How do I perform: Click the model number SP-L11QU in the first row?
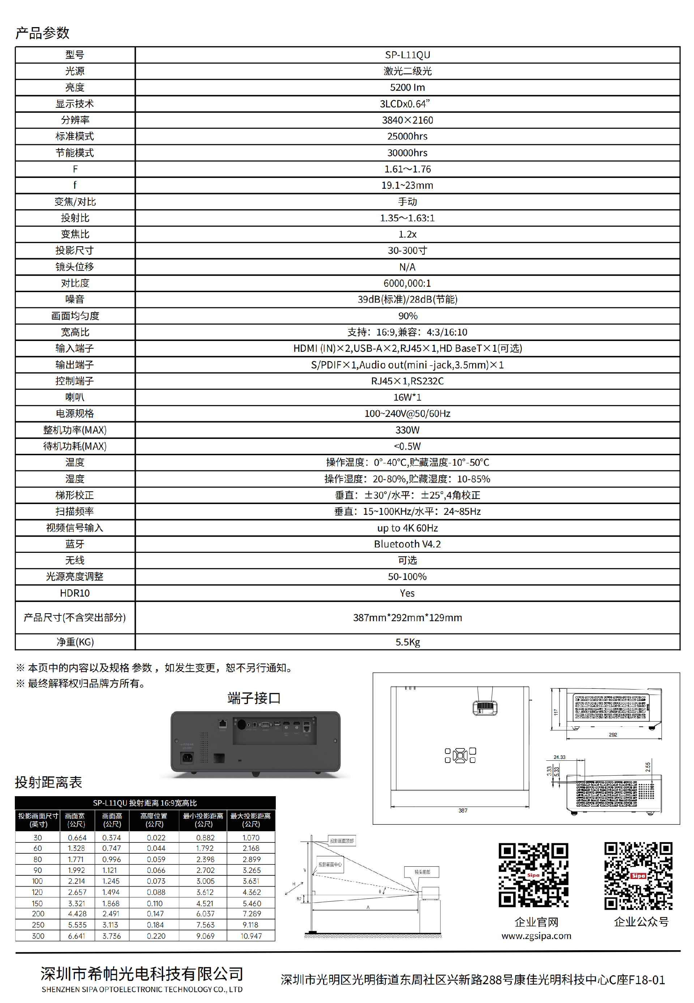[x=407, y=55]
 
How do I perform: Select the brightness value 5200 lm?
[x=407, y=88]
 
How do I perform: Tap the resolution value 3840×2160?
[x=407, y=120]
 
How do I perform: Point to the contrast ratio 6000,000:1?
[x=407, y=283]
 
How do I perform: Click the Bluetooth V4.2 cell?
[x=407, y=544]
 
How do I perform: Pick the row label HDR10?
[x=75, y=593]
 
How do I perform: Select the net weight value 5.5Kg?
[x=407, y=642]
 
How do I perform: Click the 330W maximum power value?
[x=407, y=430]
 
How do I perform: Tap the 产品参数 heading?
[x=42, y=33]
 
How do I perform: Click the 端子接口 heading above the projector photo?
[x=254, y=698]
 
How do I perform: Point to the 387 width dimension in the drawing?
[x=463, y=810]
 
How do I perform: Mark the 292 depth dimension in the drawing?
[x=613, y=735]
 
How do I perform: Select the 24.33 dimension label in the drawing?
[x=559, y=757]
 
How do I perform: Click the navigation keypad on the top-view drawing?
[x=460, y=756]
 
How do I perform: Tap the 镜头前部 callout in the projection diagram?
[x=422, y=872]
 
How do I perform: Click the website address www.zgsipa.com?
[x=536, y=936]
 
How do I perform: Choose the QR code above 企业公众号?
[x=638, y=876]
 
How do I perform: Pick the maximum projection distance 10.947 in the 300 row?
[x=251, y=936]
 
